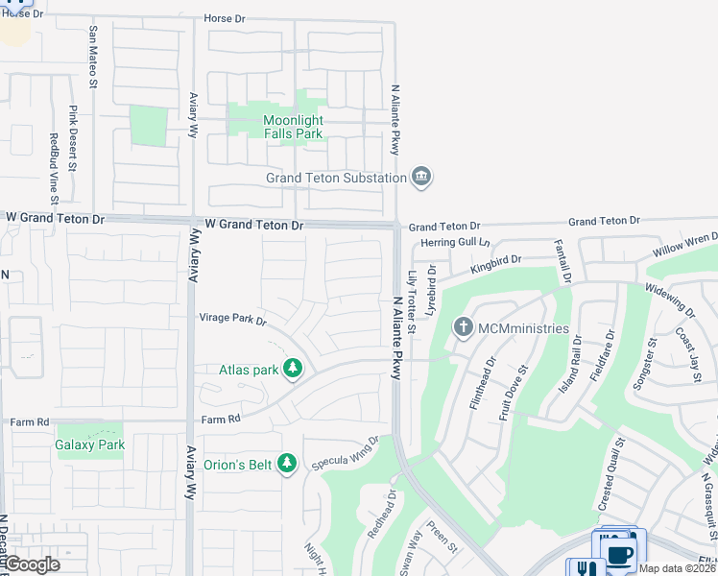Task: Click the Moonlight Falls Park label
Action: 293,127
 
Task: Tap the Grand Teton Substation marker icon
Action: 420,178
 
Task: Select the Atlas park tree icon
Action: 294,369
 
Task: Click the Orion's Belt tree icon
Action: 286,465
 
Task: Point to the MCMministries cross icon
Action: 464,328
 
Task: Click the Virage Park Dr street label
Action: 231,319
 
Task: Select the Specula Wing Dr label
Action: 346,453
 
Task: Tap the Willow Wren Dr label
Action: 685,240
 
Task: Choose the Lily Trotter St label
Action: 411,301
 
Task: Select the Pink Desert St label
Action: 73,139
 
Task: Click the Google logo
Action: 31,564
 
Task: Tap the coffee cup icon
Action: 619,553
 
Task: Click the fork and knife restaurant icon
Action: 585,568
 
